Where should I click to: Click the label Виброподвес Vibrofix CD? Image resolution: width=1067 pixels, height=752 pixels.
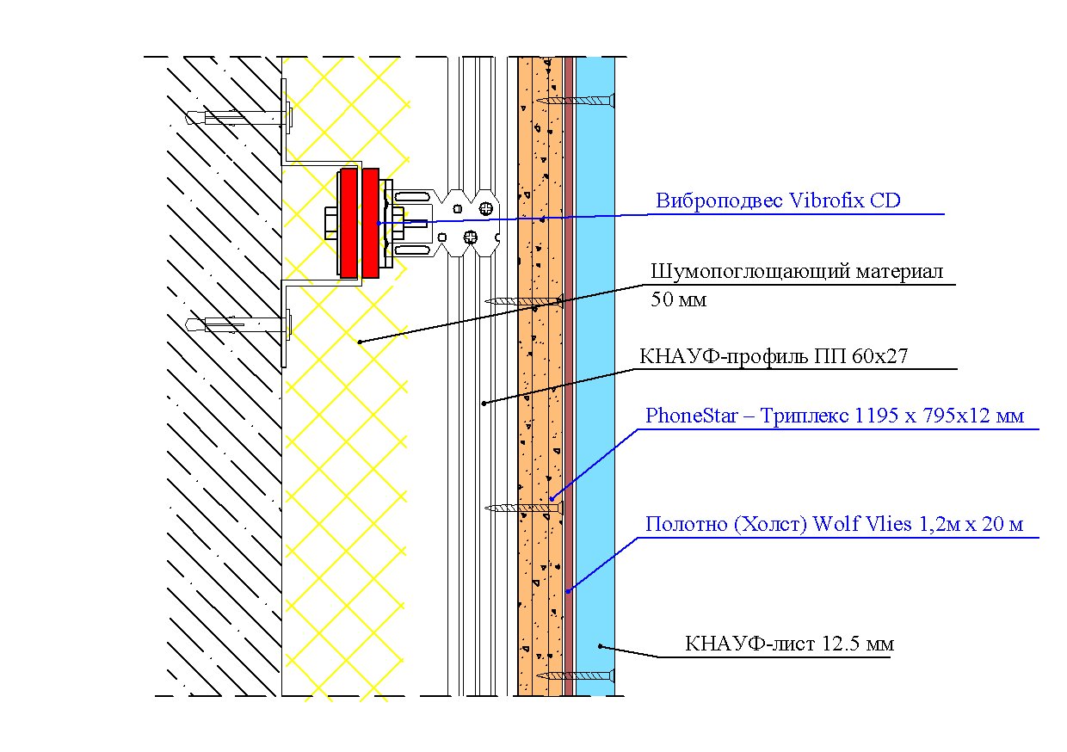point(778,200)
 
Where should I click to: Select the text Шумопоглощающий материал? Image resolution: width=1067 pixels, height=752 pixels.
point(797,272)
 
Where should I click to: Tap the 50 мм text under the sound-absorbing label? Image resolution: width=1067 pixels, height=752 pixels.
point(678,299)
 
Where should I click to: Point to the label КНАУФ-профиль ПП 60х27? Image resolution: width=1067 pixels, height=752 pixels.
point(774,356)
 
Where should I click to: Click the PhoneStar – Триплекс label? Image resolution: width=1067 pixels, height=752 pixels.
point(834,416)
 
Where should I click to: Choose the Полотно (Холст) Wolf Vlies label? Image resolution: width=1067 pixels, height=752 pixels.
point(834,524)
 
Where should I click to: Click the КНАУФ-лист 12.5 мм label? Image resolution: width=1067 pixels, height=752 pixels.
point(789,644)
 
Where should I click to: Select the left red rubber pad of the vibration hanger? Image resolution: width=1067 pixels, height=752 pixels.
point(348,223)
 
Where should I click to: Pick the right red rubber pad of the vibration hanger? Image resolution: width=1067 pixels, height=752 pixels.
point(371,223)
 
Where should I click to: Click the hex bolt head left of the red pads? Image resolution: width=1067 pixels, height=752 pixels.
point(331,223)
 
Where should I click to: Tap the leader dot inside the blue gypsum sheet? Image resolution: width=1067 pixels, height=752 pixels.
point(601,646)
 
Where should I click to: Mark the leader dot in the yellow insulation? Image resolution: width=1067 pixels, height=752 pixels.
point(360,342)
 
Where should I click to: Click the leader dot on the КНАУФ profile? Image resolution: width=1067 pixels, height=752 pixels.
point(484,404)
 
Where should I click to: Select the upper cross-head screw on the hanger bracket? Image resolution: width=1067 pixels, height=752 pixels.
point(485,208)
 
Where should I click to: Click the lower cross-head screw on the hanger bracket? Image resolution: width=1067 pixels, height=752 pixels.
point(471,237)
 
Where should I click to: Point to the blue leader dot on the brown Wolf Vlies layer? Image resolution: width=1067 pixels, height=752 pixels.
point(568,591)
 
